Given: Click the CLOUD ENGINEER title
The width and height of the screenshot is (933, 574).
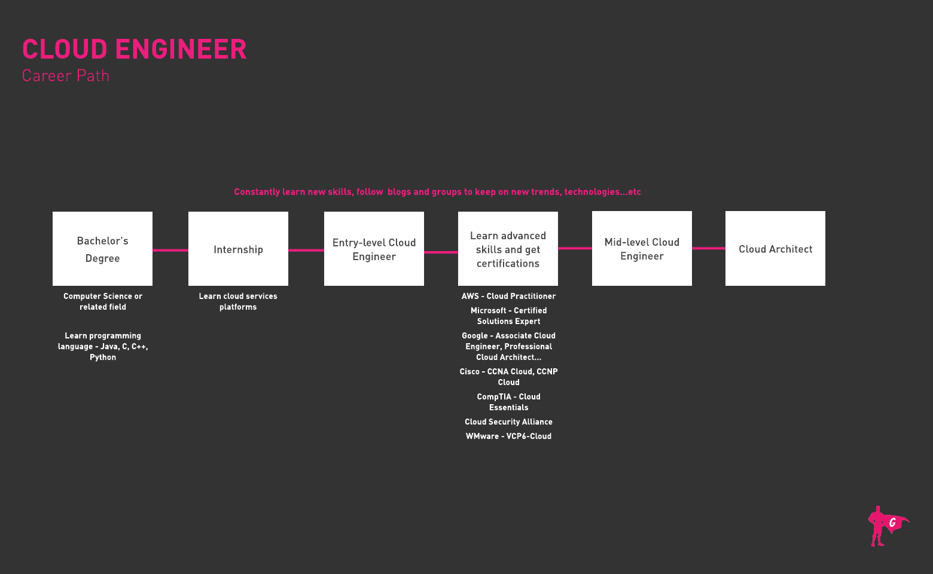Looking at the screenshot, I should point(134,50).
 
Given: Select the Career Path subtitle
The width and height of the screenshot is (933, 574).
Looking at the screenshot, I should point(66,76).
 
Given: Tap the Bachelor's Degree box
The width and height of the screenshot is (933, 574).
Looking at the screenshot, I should point(102,249).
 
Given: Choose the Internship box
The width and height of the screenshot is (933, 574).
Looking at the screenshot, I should point(238,249).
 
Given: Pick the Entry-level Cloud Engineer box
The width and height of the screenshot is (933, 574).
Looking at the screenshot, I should point(374,249).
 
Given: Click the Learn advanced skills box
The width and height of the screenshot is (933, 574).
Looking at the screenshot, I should point(508,249).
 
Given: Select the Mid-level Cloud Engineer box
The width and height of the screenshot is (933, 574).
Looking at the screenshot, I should point(642,249).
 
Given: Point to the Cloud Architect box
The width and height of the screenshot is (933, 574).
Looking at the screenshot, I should point(775,249).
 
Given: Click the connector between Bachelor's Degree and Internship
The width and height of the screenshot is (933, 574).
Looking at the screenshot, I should point(170,250).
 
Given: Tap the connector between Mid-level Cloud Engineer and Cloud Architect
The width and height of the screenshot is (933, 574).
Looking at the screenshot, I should point(709,248).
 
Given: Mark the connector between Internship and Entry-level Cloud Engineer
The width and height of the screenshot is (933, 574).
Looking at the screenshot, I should point(306,250).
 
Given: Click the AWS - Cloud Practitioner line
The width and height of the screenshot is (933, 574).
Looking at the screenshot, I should point(508,296).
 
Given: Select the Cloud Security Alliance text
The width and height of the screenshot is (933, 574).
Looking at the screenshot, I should point(508,422).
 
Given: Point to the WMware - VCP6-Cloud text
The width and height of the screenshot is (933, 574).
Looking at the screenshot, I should point(508,436).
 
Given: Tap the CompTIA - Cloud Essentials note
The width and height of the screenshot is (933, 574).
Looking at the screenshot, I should point(508,402).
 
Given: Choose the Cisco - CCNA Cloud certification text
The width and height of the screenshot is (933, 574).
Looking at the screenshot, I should point(508,377).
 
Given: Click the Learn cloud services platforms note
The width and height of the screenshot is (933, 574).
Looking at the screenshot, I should point(238,301).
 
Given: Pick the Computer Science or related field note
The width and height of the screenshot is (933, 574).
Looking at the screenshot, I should point(103,301).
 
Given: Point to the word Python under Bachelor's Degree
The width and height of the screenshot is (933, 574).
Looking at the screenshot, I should point(103,357).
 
